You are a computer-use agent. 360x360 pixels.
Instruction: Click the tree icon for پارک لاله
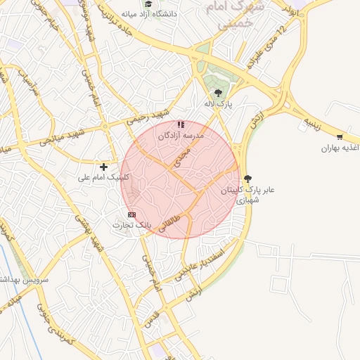pyautogui.click(x=218, y=92)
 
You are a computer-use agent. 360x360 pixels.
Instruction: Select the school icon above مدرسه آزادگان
pyautogui.click(x=181, y=124)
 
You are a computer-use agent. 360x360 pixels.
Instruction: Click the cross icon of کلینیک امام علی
pyautogui.click(x=104, y=167)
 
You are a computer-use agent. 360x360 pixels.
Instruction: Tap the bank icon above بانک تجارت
pyautogui.click(x=131, y=214)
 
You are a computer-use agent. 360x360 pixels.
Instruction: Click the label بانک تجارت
pyautogui.click(x=132, y=224)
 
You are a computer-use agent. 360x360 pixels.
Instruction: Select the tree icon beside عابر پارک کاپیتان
pyautogui.click(x=247, y=179)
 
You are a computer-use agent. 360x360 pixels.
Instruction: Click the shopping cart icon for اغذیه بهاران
pyautogui.click(x=340, y=137)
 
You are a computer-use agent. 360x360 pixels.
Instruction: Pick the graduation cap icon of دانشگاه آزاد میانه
pyautogui.click(x=148, y=4)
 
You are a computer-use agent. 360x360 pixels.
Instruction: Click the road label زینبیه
pyautogui.click(x=313, y=124)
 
